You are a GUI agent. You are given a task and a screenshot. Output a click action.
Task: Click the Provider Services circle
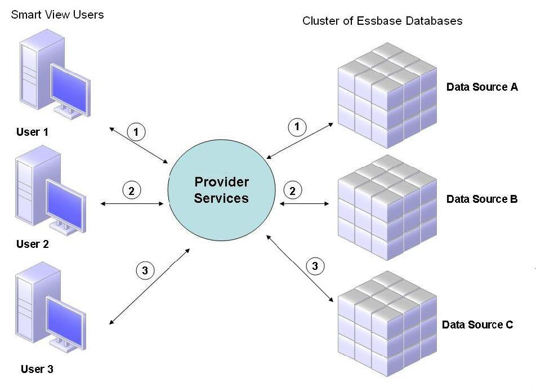click(221, 190)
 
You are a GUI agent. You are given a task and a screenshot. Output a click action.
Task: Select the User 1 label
click(32, 132)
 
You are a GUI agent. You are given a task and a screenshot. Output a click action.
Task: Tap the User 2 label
click(32, 245)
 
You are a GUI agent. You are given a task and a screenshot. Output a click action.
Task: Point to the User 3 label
click(37, 370)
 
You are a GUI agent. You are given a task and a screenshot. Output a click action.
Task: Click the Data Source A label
click(481, 87)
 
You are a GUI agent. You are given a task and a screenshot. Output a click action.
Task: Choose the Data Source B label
click(481, 199)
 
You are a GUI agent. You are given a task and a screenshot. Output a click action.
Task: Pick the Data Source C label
click(477, 325)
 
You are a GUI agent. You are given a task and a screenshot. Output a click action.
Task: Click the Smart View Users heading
click(57, 15)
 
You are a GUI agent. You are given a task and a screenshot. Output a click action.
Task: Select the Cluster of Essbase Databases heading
click(382, 21)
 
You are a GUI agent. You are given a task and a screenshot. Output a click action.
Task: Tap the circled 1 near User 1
click(136, 132)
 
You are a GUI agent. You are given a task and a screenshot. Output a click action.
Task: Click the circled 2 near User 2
click(131, 191)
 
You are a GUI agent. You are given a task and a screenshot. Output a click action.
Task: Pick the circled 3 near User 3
click(145, 270)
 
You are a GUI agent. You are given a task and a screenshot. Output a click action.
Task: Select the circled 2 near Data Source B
click(292, 191)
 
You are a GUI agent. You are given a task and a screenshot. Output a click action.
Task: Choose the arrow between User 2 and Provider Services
click(133, 203)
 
